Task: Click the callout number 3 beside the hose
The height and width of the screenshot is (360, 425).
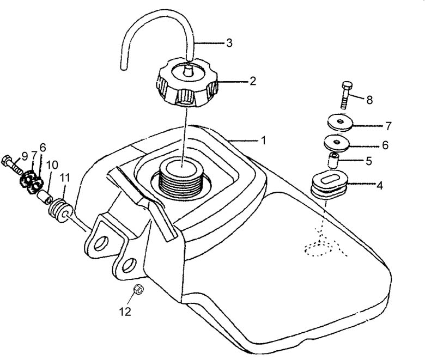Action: [x=229, y=43]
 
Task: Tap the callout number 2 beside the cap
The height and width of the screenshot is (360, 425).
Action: [x=253, y=81]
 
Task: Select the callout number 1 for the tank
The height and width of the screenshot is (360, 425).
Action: [x=263, y=141]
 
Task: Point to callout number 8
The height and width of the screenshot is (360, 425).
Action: [x=369, y=100]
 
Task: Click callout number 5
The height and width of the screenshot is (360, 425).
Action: [x=369, y=161]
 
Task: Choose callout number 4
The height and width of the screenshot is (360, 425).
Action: [x=379, y=186]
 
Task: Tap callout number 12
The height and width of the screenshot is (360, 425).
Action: [x=125, y=312]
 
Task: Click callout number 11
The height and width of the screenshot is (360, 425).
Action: [x=65, y=178]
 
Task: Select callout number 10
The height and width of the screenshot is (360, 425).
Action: [x=52, y=164]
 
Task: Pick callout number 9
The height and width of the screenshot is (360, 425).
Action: [x=25, y=156]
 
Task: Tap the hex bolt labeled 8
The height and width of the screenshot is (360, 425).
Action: [x=345, y=95]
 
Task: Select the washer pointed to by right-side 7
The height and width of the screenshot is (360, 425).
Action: [x=340, y=123]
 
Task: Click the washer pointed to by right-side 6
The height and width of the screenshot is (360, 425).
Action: [x=337, y=143]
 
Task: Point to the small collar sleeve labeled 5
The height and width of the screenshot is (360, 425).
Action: [x=332, y=160]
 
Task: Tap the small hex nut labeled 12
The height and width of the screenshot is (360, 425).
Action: [x=139, y=290]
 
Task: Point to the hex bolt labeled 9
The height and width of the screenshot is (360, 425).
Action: [x=12, y=164]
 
